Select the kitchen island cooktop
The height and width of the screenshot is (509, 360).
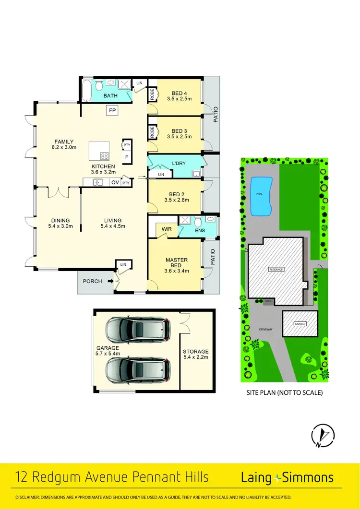click(104, 155)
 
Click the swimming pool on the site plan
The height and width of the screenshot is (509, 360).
click(260, 196)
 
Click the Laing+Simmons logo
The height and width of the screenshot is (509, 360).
click(287, 477)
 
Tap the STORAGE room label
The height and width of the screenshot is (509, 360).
click(196, 352)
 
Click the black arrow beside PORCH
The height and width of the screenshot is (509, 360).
click(110, 281)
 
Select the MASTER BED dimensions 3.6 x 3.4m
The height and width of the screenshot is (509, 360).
click(176, 271)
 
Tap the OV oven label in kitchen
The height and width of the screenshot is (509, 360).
click(115, 182)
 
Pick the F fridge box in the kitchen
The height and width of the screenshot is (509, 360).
click(127, 156)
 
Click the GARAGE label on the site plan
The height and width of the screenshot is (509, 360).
click(300, 324)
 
